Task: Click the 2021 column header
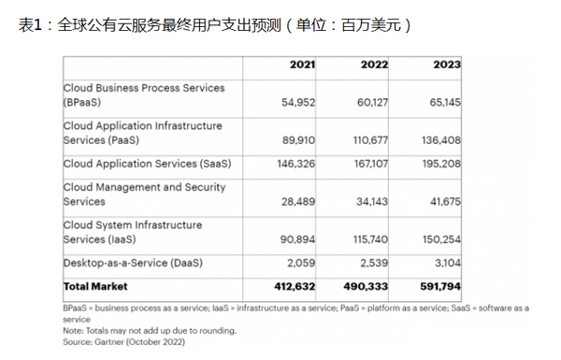click(302, 65)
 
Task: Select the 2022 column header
click(374, 65)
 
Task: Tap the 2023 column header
click(447, 65)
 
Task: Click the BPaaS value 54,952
click(298, 103)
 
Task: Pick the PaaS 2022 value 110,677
click(370, 140)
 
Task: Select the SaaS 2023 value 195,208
click(441, 164)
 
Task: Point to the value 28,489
click(298, 202)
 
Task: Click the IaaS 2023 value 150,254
click(441, 239)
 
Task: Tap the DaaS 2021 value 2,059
click(301, 264)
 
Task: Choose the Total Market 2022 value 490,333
click(366, 287)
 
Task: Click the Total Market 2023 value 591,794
click(440, 287)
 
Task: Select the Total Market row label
click(95, 287)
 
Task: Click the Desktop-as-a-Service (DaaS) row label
click(133, 264)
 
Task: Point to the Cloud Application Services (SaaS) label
click(147, 164)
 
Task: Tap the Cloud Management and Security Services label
click(144, 194)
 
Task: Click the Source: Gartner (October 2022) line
click(123, 342)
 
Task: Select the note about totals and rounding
click(150, 331)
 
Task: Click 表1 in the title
click(30, 25)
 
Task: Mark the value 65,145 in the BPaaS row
click(445, 103)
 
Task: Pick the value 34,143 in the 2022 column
click(372, 202)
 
